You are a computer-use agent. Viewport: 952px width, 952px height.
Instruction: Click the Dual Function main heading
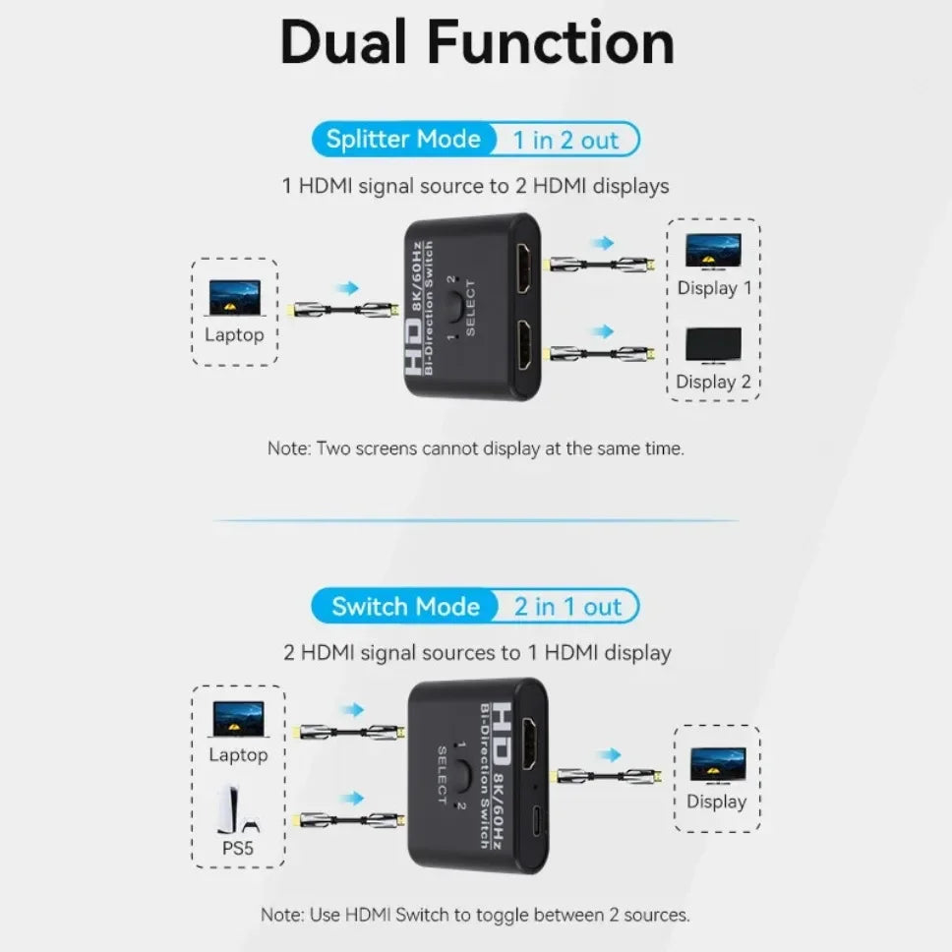[477, 44]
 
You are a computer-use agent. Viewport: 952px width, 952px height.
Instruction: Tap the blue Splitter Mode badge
[402, 140]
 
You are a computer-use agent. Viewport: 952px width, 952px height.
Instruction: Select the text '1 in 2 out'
[565, 141]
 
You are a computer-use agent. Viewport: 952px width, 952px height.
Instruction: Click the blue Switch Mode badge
[404, 606]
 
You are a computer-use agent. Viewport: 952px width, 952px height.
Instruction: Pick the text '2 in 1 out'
[567, 607]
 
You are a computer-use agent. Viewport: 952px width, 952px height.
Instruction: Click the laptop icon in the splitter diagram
[234, 298]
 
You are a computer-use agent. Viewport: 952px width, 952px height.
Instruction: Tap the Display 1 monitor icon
[713, 252]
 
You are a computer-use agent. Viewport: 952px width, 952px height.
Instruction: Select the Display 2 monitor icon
[713, 344]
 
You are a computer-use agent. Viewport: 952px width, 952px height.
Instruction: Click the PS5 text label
[238, 847]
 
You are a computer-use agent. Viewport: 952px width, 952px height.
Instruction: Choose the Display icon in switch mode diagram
[717, 765]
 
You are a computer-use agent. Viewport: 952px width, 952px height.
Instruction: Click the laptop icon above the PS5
[237, 719]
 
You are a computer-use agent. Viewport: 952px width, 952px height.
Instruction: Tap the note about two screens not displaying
[475, 448]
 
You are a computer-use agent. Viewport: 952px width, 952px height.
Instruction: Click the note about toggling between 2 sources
[475, 915]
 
